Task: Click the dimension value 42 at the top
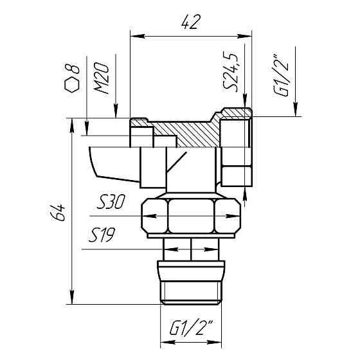coord(191,22)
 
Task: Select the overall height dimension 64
coord(58,212)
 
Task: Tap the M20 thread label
coord(102,78)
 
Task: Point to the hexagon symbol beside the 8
coord(72,85)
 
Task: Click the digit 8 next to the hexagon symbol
coord(72,68)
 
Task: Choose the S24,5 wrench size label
coord(230,73)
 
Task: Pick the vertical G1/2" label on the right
coord(280,76)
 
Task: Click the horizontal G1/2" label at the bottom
coord(192,327)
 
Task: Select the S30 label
coord(111,202)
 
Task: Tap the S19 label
coord(102,235)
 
